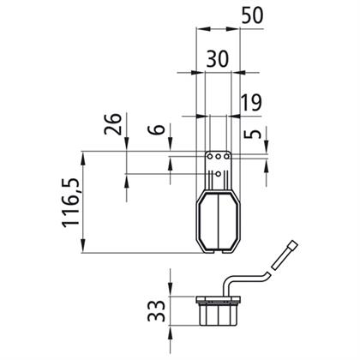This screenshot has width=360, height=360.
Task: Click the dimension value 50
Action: (x=252, y=15)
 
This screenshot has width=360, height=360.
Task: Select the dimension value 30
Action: (x=218, y=59)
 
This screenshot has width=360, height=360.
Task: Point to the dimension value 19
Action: (x=251, y=103)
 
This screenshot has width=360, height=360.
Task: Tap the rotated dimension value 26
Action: (x=113, y=124)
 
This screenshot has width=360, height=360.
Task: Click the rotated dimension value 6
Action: (x=157, y=129)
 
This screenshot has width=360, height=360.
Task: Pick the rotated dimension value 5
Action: (x=253, y=134)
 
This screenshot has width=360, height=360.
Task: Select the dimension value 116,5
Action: (x=70, y=203)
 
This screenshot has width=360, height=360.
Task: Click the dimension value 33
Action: (x=157, y=311)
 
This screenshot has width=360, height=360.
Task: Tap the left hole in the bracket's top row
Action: (x=210, y=156)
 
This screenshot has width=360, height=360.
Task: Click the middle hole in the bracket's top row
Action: (x=219, y=156)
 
